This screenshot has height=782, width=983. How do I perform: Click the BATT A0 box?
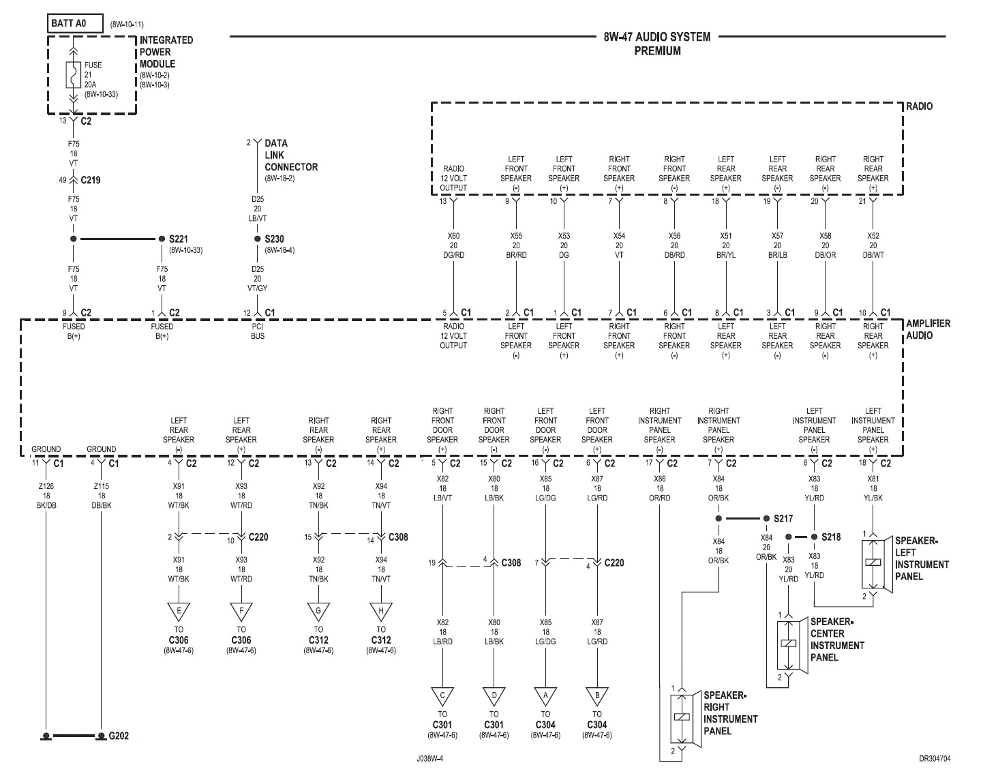[75, 24]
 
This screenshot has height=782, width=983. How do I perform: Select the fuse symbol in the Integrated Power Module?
[74, 75]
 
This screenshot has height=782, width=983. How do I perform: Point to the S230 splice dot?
[257, 239]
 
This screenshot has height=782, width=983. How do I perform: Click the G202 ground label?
[119, 736]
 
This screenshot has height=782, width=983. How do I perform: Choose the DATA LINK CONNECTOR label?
[290, 155]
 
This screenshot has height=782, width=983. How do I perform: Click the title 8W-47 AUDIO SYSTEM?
[656, 37]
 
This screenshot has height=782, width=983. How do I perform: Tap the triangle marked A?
[545, 696]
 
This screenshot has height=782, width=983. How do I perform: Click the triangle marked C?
[442, 696]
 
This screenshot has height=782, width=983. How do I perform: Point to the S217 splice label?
[783, 519]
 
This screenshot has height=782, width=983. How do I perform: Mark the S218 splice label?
[831, 537]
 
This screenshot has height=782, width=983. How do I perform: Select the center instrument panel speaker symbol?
[789, 644]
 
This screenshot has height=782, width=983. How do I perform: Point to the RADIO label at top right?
[919, 106]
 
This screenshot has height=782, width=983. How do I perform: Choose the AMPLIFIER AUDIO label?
[927, 329]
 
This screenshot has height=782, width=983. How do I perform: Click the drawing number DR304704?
[934, 758]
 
